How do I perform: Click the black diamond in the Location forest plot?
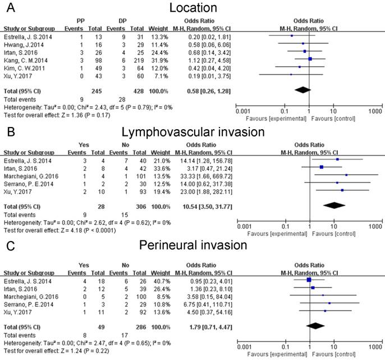coord(302,89)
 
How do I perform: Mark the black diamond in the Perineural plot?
coord(316,325)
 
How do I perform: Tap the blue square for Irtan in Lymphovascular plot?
coord(322,167)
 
